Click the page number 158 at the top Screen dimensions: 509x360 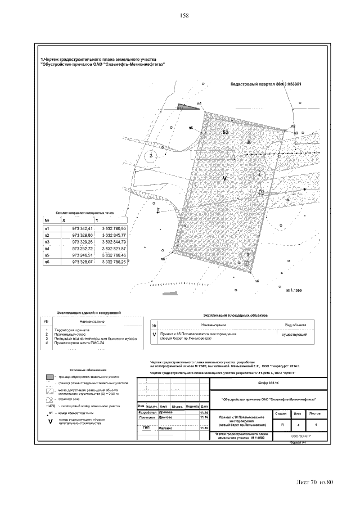(x=183, y=15)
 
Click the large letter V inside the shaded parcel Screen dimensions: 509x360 (x=225, y=178)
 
